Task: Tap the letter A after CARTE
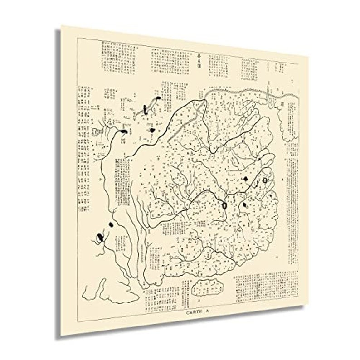pyautogui.click(x=207, y=313)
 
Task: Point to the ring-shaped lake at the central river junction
pyautogui.click(x=224, y=205)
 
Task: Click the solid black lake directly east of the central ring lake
pyautogui.click(x=245, y=205)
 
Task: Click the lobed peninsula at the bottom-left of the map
pyautogui.click(x=96, y=289)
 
